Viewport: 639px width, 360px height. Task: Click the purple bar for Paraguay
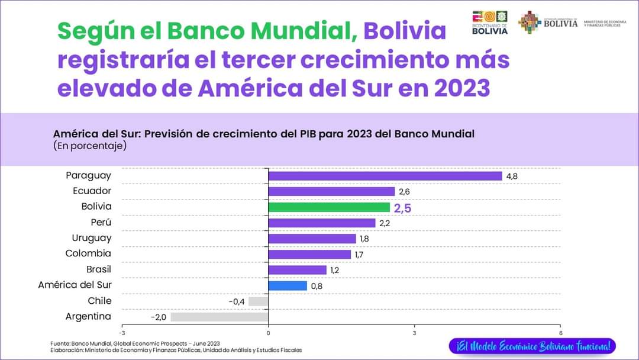click(x=385, y=176)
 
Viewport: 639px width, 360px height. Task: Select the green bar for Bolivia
click(x=329, y=207)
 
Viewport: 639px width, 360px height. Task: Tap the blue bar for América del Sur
click(x=288, y=285)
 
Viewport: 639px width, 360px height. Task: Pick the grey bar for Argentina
click(x=220, y=317)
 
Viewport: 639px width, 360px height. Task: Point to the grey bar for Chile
click(x=259, y=301)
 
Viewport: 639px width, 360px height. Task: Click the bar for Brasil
click(x=297, y=270)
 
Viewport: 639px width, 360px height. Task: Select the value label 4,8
click(x=512, y=176)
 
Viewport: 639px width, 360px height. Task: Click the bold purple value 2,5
click(x=402, y=208)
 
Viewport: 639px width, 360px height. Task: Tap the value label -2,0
click(x=159, y=317)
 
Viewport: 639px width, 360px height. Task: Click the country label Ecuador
click(x=92, y=191)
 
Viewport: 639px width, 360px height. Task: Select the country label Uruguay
click(x=92, y=238)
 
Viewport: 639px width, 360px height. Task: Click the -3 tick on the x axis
click(x=122, y=332)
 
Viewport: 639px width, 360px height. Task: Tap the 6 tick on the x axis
click(x=560, y=332)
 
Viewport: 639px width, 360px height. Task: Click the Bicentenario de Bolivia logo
click(x=489, y=22)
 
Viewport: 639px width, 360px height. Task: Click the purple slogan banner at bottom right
click(x=532, y=346)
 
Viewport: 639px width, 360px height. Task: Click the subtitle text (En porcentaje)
click(x=89, y=145)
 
